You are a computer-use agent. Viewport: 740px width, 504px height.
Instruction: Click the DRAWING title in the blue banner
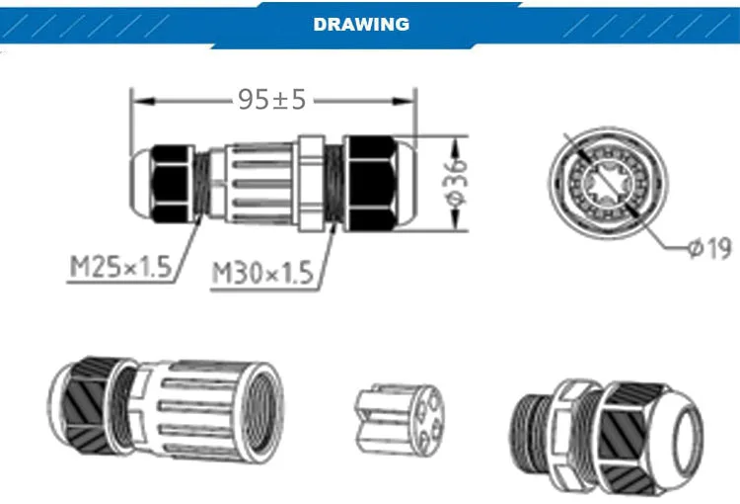pos(361,24)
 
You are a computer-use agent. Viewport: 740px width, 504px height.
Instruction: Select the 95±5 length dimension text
pos(272,100)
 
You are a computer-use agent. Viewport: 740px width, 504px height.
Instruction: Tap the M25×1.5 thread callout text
pos(120,267)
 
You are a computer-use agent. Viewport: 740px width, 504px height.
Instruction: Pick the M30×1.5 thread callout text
pos(262,274)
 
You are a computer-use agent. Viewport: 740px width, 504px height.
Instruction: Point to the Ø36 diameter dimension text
pos(456,183)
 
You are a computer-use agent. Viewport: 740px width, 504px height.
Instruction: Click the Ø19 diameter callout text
pos(709,248)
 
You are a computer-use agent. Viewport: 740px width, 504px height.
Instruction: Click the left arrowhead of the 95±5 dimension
pos(142,101)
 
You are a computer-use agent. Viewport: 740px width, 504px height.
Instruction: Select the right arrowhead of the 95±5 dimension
pos(404,101)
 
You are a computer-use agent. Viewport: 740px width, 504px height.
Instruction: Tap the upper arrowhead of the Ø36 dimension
pos(456,147)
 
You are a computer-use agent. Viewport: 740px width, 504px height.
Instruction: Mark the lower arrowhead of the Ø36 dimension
pos(456,219)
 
